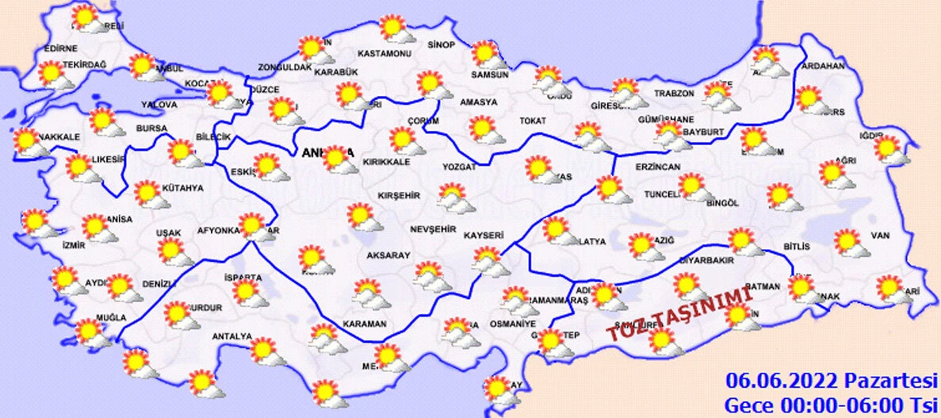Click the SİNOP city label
click(x=441, y=44)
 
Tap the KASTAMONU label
click(x=384, y=54)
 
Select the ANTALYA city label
click(x=232, y=336)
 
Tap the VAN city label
click(x=880, y=236)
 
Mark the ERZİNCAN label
click(x=658, y=167)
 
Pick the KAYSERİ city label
click(x=484, y=236)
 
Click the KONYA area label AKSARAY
click(x=388, y=255)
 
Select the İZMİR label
click(x=72, y=245)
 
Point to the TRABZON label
click(x=674, y=94)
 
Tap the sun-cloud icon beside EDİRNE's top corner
click(x=86, y=18)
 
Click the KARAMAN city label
click(x=364, y=324)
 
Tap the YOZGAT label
click(x=460, y=167)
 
